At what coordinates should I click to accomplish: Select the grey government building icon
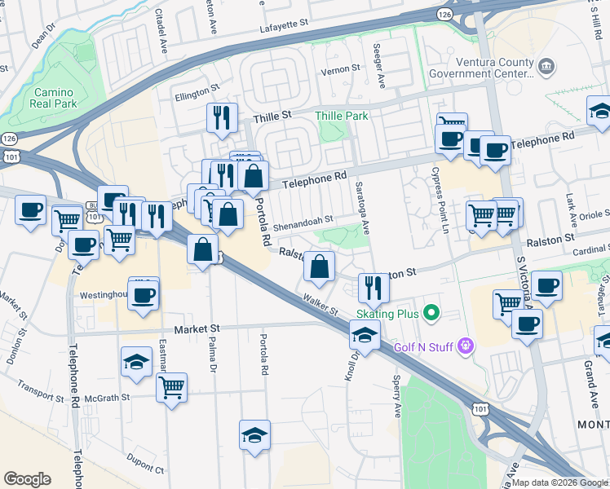(546, 64)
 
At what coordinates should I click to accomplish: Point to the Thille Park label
(342, 117)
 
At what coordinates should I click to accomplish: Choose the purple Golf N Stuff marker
(465, 346)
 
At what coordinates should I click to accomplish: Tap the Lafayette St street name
(285, 27)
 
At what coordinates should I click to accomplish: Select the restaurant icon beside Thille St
(221, 118)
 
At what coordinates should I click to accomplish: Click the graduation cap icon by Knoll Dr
(365, 334)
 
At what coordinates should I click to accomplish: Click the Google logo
(28, 479)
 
